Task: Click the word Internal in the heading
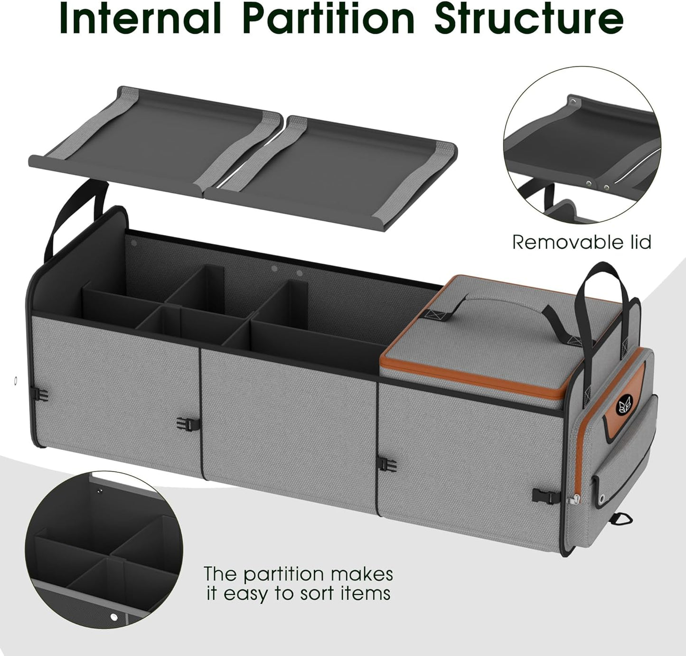pyautogui.click(x=140, y=19)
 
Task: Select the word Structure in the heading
pyautogui.click(x=529, y=19)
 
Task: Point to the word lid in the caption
pyautogui.click(x=636, y=243)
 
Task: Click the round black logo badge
pyautogui.click(x=622, y=405)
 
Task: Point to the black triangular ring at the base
pyautogui.click(x=623, y=519)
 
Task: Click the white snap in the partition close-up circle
pyautogui.click(x=113, y=617)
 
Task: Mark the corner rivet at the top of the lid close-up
pyautogui.click(x=574, y=102)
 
